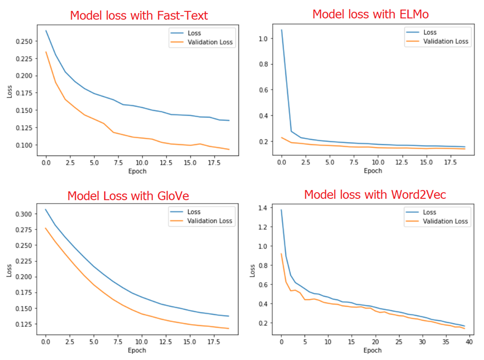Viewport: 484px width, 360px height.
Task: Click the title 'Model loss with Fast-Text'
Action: pos(139,15)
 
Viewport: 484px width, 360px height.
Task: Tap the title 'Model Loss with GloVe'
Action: pos(129,196)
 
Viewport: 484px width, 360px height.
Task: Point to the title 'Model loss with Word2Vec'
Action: pos(375,195)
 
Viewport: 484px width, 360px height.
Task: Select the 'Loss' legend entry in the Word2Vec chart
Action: pos(430,212)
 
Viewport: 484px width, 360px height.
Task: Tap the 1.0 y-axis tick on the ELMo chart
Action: pos(265,38)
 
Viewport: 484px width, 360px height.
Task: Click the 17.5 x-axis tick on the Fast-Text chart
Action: pos(210,163)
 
